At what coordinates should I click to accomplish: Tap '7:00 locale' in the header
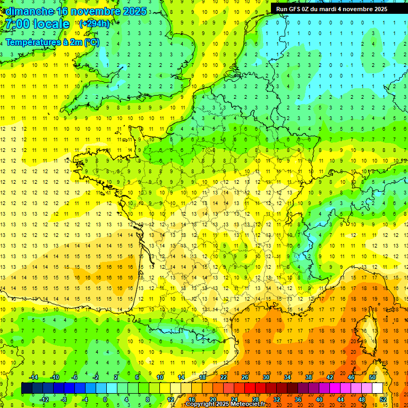pyautogui.click(x=38, y=24)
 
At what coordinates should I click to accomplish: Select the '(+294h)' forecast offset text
pyautogui.click(x=94, y=24)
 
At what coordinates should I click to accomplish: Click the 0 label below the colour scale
pyautogui.click(x=105, y=399)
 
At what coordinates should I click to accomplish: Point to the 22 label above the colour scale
pyautogui.click(x=224, y=377)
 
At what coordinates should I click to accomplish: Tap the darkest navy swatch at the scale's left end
pyautogui.click(x=27, y=388)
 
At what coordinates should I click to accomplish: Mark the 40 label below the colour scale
pyautogui.click(x=319, y=399)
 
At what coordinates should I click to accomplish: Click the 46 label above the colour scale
pyautogui.click(x=351, y=377)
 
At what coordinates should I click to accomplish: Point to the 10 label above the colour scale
pyautogui.click(x=160, y=377)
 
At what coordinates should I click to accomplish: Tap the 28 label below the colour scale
pyautogui.click(x=256, y=399)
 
